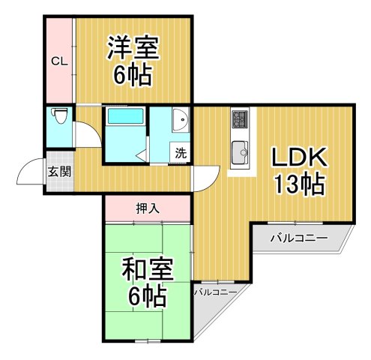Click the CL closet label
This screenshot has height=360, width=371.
[59, 61]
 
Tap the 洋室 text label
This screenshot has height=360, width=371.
[132, 48]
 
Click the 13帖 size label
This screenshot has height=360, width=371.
[298, 184]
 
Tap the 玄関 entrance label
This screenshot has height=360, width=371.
[59, 171]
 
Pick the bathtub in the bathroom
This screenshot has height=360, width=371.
[125, 117]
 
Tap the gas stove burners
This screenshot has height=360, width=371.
[241, 119]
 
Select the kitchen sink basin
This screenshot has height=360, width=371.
[241, 151]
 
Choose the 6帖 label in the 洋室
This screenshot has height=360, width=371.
[133, 76]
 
